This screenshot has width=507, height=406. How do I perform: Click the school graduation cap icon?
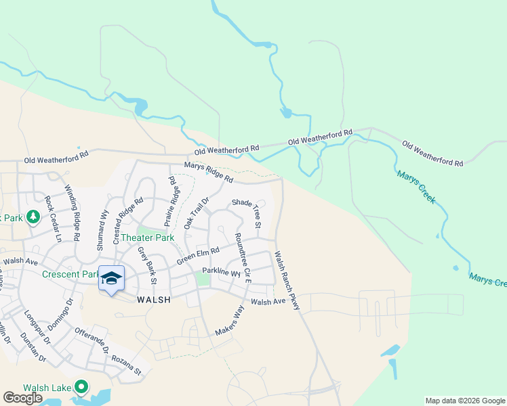[x=112, y=279]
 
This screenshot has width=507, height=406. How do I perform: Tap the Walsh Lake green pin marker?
[x=82, y=387]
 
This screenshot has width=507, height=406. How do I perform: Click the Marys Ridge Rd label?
[x=209, y=174]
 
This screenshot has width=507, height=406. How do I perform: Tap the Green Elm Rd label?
[x=198, y=256]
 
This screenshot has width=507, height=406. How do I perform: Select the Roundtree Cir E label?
[x=243, y=257]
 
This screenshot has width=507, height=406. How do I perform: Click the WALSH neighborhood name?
[x=153, y=298]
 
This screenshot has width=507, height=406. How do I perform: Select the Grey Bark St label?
[x=147, y=265]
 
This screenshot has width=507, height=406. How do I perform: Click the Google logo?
[x=23, y=398]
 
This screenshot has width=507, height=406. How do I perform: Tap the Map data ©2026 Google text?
[x=464, y=401]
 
